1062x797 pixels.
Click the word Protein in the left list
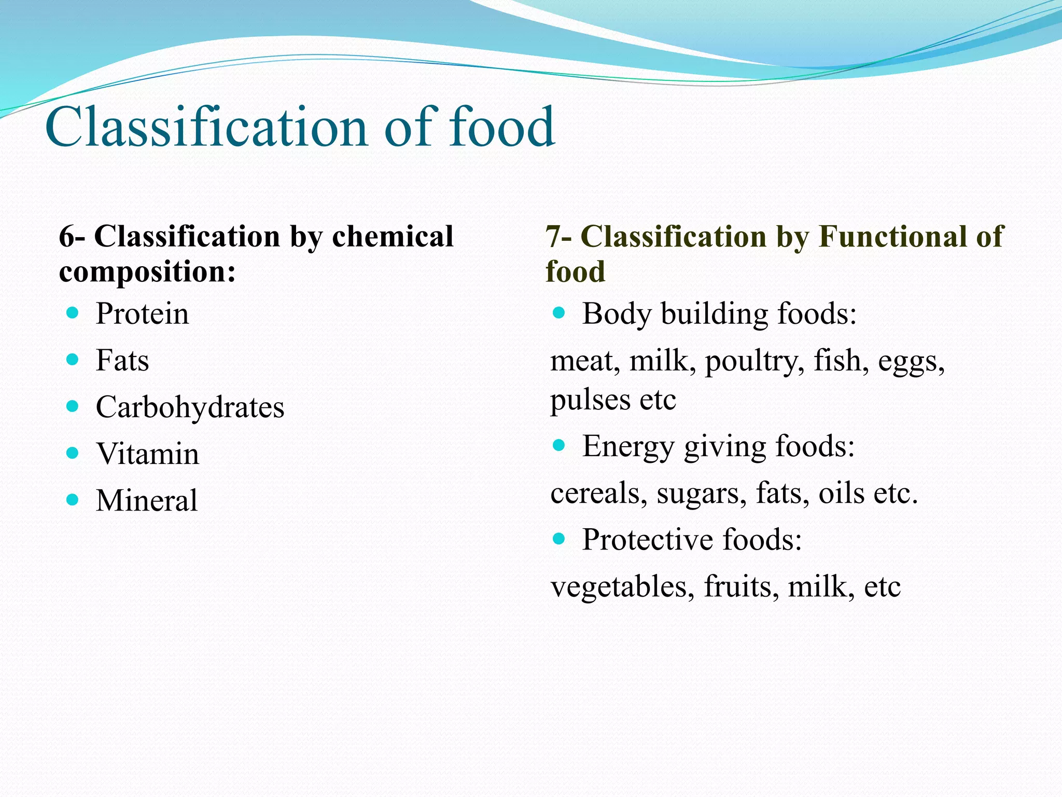(142, 314)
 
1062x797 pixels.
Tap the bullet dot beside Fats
(73, 359)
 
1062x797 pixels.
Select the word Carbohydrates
(190, 407)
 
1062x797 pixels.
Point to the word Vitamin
(147, 454)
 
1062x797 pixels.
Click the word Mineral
(147, 501)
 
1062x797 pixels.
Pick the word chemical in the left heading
(393, 237)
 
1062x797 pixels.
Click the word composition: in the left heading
(147, 272)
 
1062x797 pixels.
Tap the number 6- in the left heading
(72, 237)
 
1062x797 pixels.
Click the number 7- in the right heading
(558, 237)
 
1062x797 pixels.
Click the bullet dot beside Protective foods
(558, 539)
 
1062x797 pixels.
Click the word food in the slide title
(501, 127)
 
